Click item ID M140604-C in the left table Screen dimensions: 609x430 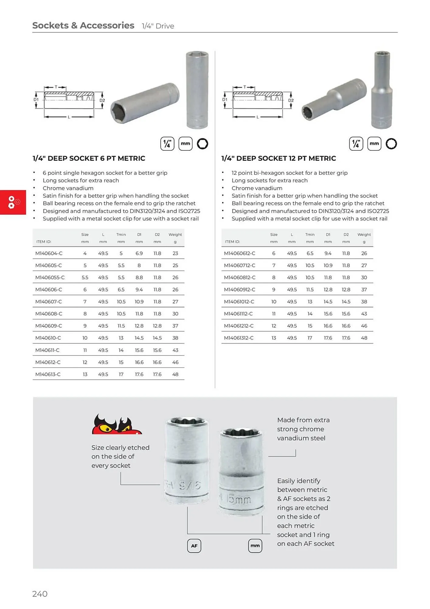point(49,253)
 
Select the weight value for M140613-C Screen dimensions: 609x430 point(175,374)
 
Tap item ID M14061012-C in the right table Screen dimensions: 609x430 point(239,302)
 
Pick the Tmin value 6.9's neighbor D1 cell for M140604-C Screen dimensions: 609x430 point(139,253)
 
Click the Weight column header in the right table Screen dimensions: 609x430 point(364,234)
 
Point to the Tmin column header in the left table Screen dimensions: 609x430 point(121,234)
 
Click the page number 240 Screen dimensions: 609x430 point(40,594)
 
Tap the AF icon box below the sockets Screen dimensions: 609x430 point(194,546)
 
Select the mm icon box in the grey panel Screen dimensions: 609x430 point(255,546)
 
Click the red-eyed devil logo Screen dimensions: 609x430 point(116,424)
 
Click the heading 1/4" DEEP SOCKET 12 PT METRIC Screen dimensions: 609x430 point(279,158)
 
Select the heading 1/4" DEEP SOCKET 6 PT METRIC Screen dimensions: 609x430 point(89,158)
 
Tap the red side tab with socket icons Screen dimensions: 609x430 point(13,202)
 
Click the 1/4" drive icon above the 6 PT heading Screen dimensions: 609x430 point(167,144)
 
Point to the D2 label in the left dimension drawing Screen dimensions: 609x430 point(102,100)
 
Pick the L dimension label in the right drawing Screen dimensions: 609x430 point(258,117)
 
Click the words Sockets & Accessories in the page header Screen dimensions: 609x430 point(83,26)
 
